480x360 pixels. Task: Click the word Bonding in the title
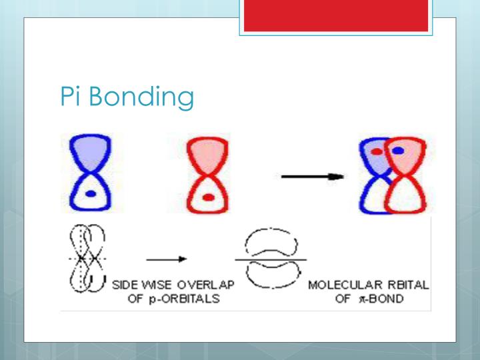141,98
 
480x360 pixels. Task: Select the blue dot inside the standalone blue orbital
91,193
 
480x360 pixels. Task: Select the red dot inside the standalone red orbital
209,197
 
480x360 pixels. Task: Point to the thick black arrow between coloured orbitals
311,177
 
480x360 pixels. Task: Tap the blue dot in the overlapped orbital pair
398,151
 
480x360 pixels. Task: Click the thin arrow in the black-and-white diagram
166,259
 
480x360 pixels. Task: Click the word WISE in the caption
163,285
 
